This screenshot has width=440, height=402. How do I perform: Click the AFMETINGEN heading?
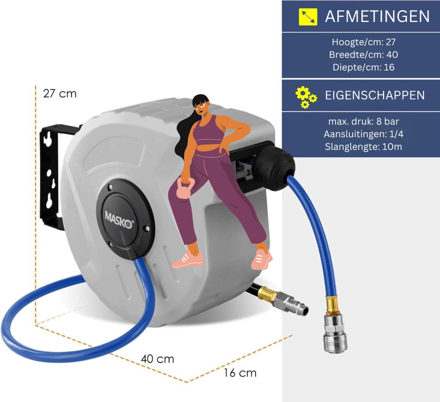(x=377, y=17)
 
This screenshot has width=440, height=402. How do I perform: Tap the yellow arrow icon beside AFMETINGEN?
(x=308, y=17)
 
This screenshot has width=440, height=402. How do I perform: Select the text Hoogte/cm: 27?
(x=363, y=42)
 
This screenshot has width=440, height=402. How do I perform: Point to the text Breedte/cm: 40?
(x=363, y=55)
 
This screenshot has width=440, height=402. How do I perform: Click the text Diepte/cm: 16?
(x=363, y=67)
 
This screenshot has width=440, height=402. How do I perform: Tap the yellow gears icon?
(x=306, y=97)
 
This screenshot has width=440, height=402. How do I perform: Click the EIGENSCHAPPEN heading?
(x=375, y=95)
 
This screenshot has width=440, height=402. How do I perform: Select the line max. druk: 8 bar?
(x=363, y=121)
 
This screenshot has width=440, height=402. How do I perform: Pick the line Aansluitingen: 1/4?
(x=363, y=134)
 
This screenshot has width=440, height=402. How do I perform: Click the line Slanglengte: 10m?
(x=363, y=147)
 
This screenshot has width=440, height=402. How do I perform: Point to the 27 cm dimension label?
(x=60, y=94)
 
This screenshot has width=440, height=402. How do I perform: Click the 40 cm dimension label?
(x=158, y=359)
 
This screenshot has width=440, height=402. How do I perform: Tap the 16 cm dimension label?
(x=240, y=373)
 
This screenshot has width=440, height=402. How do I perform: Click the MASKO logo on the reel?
(x=119, y=219)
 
